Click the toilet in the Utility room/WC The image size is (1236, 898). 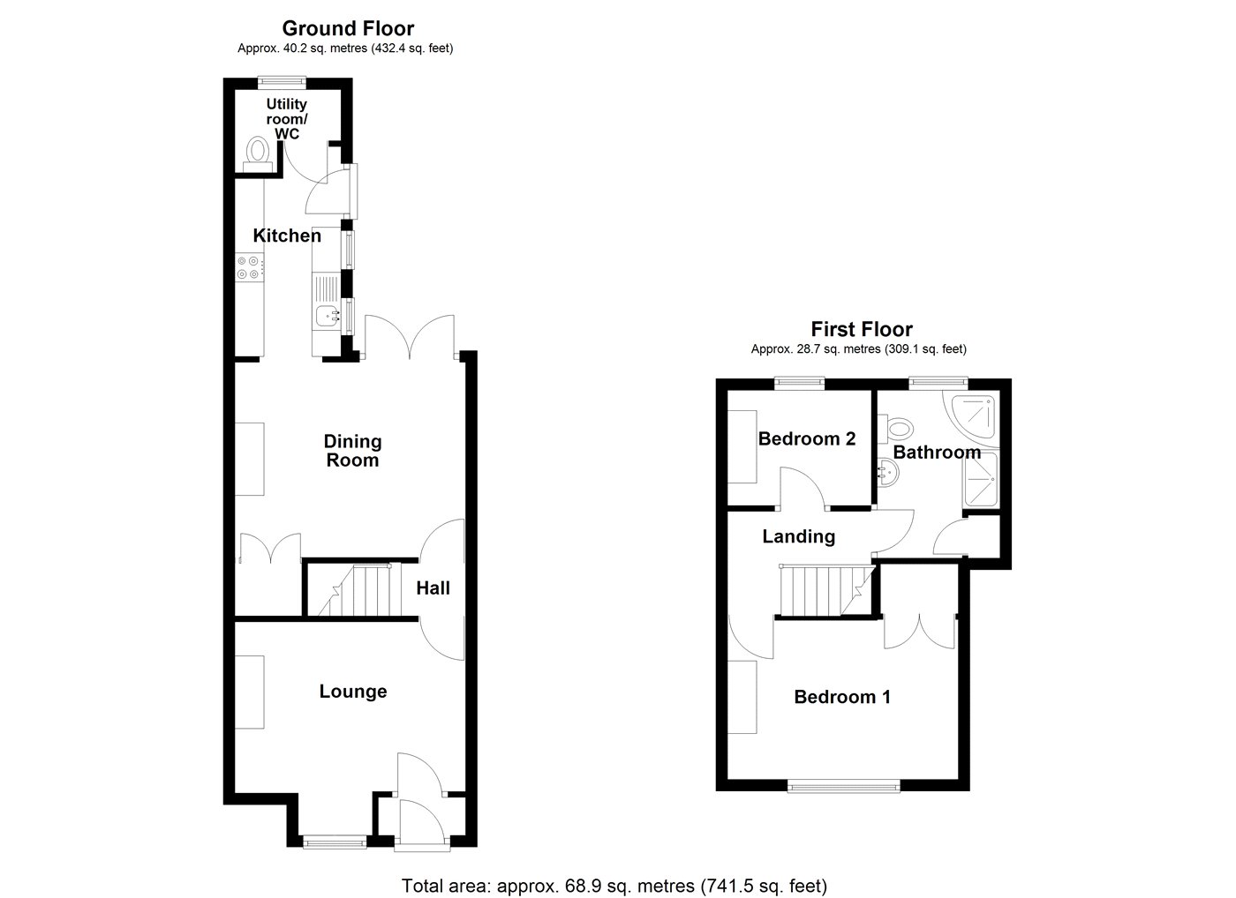(x=257, y=153)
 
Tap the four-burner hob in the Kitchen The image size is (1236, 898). (x=249, y=267)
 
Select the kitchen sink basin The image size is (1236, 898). (x=328, y=316)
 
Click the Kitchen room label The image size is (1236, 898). (x=287, y=236)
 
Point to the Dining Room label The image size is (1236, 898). (x=352, y=451)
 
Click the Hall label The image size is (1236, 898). (x=433, y=588)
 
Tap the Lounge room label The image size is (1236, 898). (x=353, y=692)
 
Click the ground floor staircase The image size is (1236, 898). (x=354, y=589)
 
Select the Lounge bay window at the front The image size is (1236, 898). (x=335, y=842)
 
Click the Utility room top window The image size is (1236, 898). (x=283, y=81)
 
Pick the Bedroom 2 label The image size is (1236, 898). (x=807, y=438)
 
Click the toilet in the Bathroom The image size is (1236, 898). (x=895, y=428)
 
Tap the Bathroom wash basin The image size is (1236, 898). (x=888, y=473)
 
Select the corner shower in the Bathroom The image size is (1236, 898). (x=971, y=419)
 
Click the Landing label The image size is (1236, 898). (x=798, y=536)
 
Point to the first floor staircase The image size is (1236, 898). (x=827, y=589)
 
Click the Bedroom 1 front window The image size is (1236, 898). (x=844, y=786)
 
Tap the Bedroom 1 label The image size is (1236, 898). (x=842, y=698)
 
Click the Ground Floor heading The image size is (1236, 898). (x=348, y=28)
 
